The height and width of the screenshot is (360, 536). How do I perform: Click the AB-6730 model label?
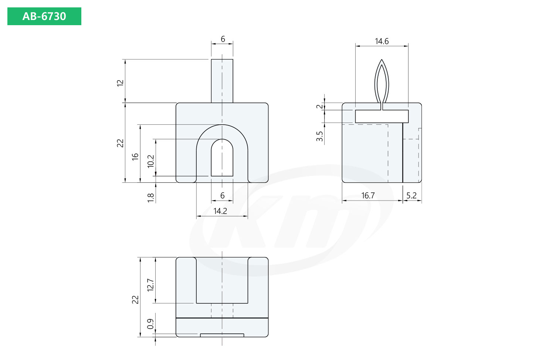44,16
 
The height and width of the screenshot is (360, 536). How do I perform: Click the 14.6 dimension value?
381,41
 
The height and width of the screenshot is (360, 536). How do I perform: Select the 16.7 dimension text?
368,195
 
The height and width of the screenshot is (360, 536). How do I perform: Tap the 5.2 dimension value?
411,195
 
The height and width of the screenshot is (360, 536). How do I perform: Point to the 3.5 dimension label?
320,136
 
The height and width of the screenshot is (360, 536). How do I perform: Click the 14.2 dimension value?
220,211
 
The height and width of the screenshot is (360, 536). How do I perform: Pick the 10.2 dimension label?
151,161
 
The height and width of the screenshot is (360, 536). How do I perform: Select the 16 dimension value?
135,157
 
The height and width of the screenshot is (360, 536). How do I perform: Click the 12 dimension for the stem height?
120,83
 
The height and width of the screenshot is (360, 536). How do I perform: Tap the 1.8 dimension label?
151,198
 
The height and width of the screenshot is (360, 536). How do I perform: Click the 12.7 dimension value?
150,285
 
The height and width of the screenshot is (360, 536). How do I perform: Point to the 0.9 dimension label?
150,324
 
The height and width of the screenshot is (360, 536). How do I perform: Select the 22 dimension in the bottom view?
135,299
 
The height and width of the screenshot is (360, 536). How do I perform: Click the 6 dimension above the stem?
223,39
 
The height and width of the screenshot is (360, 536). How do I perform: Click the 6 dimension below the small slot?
222,195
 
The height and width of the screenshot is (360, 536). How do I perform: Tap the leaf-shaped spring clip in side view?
381,81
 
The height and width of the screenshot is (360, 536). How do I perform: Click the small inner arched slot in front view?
222,159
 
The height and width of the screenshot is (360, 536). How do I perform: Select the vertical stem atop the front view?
222,81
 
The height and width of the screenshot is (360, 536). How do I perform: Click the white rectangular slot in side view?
381,116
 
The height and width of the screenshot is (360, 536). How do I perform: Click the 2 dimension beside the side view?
320,107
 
